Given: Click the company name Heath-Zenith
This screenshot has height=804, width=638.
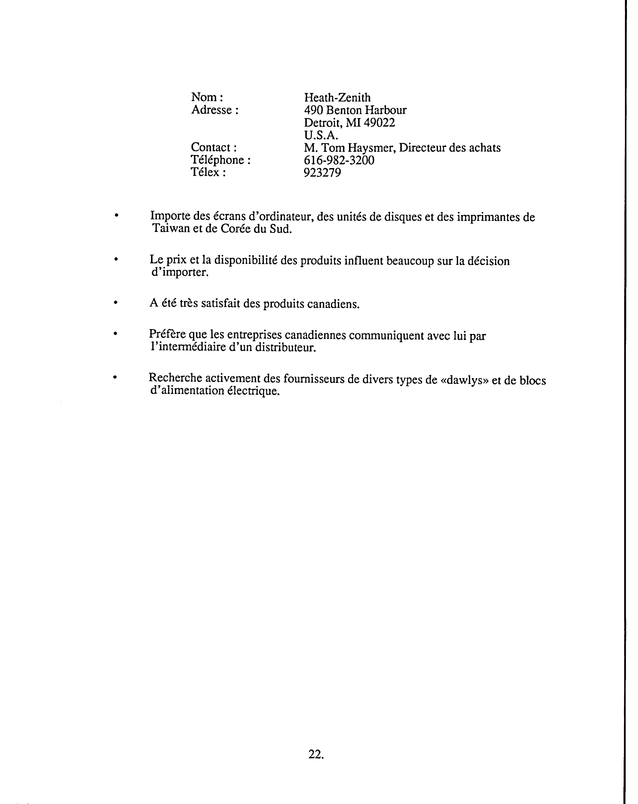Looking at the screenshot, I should tap(337, 97).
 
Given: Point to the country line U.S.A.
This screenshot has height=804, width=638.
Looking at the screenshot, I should tap(321, 135).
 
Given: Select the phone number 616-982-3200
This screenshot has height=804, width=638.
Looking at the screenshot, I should tap(339, 160).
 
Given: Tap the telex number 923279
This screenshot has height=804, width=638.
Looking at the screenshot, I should tap(322, 173).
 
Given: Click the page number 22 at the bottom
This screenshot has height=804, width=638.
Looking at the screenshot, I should tap(315, 744).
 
